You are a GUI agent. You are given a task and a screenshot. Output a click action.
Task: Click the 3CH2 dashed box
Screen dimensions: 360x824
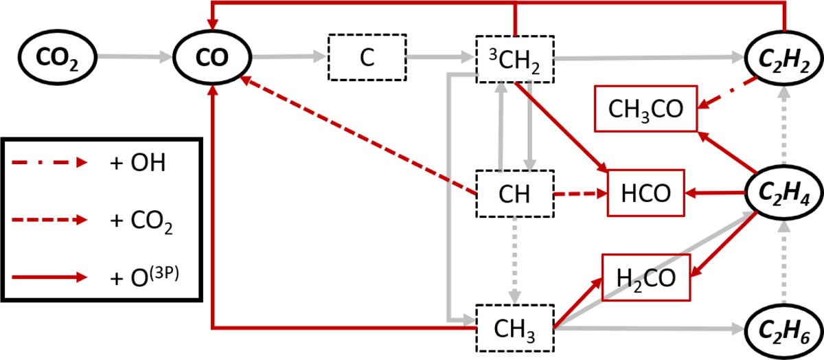514,58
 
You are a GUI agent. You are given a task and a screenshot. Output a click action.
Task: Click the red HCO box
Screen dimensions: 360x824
645,194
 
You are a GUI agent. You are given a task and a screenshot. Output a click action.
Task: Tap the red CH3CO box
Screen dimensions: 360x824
645,110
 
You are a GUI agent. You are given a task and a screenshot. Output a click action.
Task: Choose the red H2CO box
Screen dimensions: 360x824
645,278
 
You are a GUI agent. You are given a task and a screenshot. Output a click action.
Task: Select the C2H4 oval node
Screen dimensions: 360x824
783,194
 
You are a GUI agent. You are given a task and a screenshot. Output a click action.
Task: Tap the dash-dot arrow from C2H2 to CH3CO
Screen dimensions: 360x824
728,92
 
